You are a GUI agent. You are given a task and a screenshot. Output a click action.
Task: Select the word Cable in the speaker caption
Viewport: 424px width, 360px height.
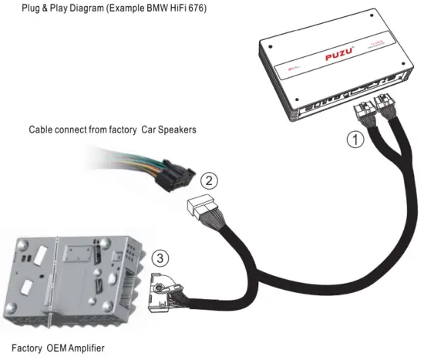click(x=41, y=130)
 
